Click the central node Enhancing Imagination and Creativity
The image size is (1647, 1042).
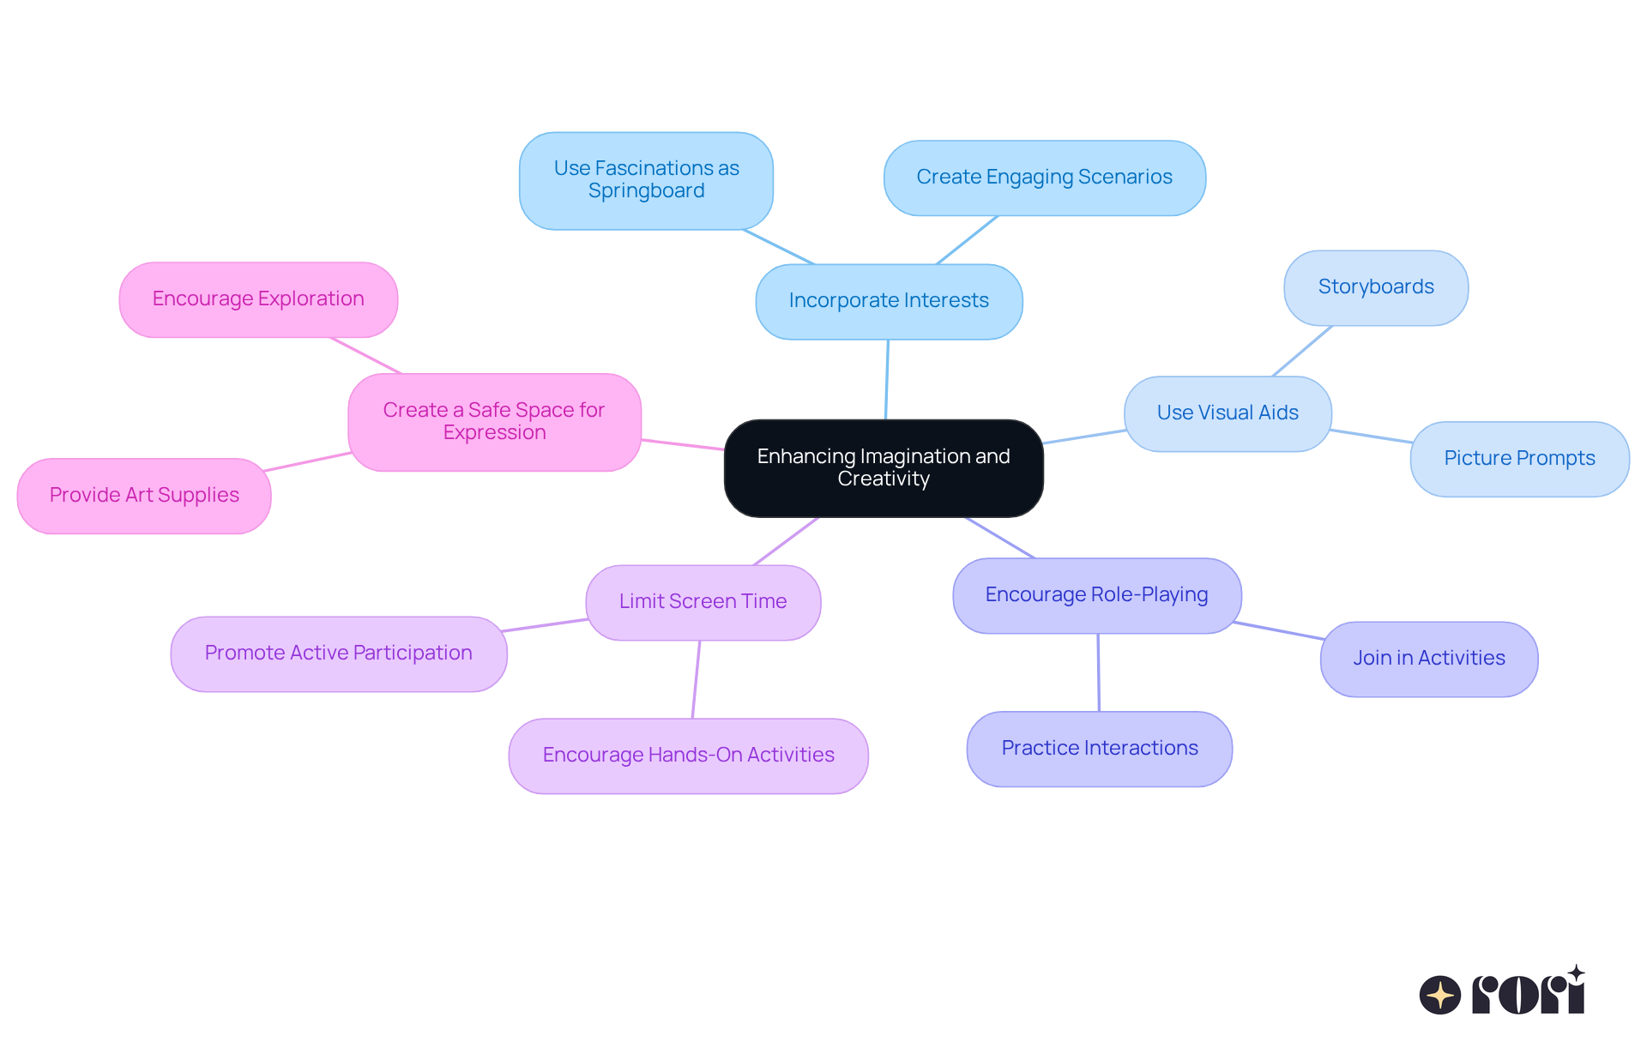884,467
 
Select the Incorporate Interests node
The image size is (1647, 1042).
889,301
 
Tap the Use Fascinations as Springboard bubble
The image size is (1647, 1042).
646,180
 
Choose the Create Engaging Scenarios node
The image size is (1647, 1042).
1044,178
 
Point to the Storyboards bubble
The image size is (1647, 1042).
1376,287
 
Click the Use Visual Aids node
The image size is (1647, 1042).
1228,413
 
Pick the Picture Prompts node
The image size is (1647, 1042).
1519,459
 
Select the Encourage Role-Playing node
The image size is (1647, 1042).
1096,595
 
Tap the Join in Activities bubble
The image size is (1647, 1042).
1429,659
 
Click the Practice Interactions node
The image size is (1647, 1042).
1100,749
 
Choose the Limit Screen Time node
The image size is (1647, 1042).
703,602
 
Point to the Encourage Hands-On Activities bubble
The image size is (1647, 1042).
688,756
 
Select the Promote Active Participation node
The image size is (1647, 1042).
339,654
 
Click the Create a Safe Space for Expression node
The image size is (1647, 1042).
494,422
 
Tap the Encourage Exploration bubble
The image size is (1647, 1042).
258,299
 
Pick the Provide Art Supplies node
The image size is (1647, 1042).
144,496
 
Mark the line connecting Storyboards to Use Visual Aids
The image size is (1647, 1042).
1302,351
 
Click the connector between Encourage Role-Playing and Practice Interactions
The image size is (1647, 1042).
1099,672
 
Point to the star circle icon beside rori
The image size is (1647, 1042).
1439,995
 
